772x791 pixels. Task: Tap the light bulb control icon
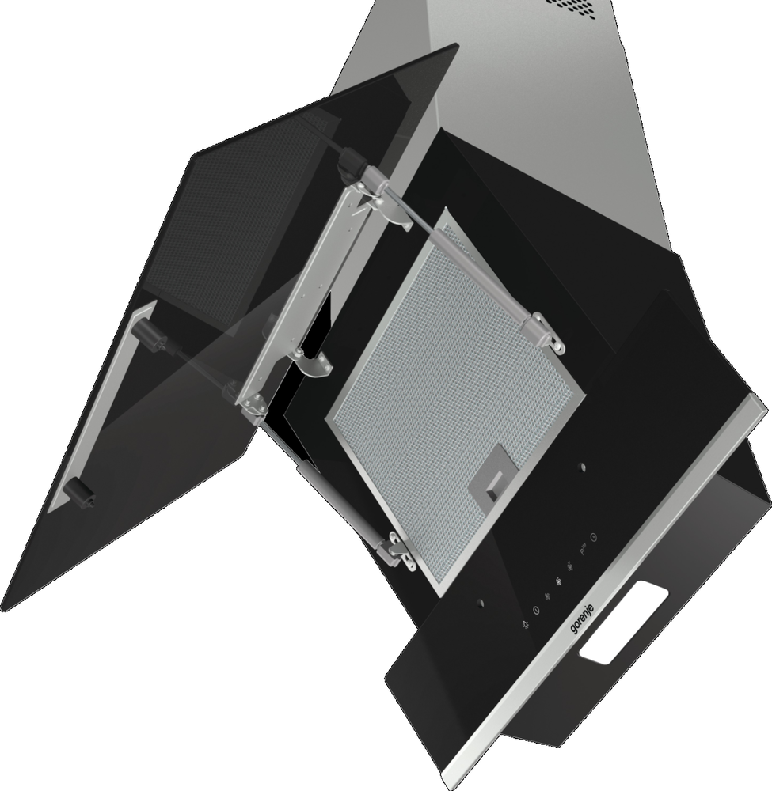click(527, 625)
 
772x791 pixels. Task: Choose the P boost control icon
click(584, 550)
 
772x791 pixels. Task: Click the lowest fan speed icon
click(548, 597)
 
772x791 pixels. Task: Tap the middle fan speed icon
click(558, 583)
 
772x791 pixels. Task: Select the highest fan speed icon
click(570, 566)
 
